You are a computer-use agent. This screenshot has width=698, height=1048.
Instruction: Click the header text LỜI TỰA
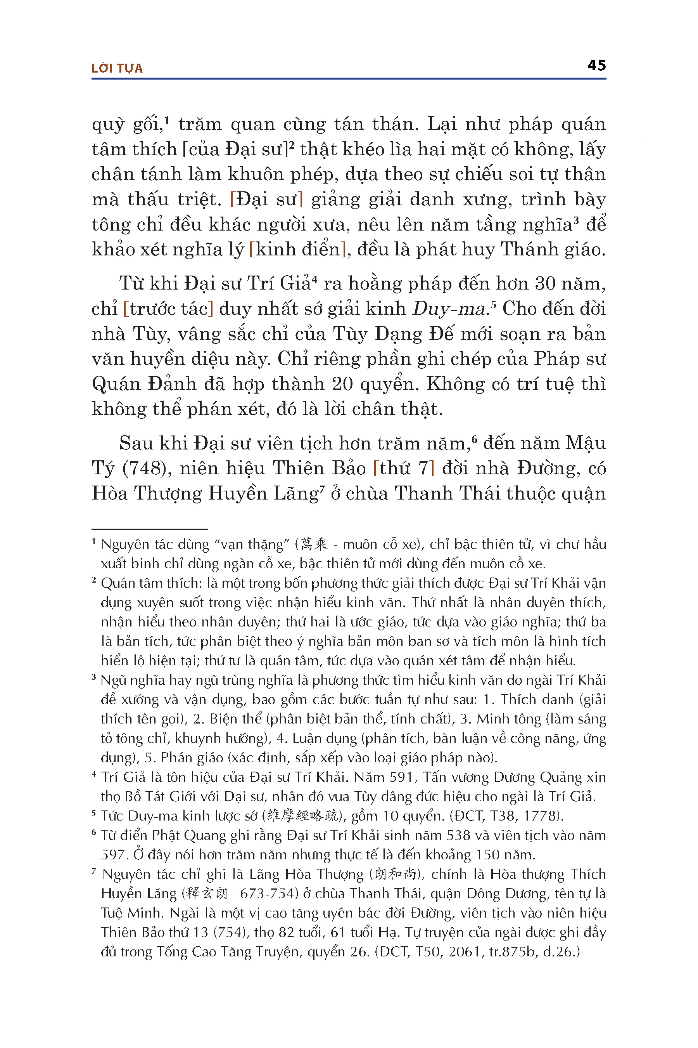[x=117, y=68]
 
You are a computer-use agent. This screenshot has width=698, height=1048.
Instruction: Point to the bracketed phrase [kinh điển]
[x=297, y=250]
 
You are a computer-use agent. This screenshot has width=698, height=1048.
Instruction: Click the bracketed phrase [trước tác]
[x=168, y=309]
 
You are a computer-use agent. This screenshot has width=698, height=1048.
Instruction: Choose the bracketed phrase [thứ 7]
[x=403, y=468]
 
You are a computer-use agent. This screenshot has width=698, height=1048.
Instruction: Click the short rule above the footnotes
[x=150, y=529]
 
